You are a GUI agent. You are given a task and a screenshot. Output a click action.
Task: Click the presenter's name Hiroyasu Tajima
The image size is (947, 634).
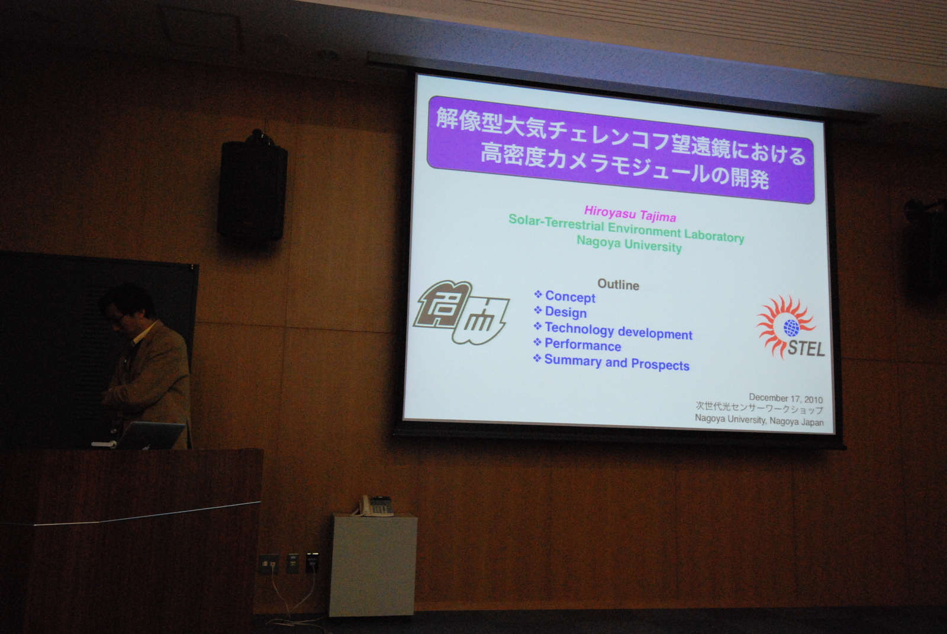(x=630, y=214)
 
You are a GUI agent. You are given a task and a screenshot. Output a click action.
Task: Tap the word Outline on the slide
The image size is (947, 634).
(x=618, y=285)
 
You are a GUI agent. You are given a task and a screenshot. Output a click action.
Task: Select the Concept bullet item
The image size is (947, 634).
(x=565, y=297)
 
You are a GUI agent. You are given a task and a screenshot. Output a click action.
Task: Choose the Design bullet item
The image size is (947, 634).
(x=560, y=312)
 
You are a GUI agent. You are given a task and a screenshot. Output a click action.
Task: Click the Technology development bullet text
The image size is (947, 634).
(x=613, y=330)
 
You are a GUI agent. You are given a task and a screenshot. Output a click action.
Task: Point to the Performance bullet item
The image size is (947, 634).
(x=577, y=345)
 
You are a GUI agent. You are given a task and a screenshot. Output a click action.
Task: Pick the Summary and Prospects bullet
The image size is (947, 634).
(x=611, y=362)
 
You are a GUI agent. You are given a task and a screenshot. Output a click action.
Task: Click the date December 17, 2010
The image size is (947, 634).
(x=785, y=398)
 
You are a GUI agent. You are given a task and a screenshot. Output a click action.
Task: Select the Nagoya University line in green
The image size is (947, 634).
(x=629, y=244)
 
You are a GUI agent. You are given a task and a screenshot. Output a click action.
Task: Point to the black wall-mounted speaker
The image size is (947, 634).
(x=252, y=187)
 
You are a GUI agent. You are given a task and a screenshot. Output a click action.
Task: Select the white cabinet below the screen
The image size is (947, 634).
(x=373, y=565)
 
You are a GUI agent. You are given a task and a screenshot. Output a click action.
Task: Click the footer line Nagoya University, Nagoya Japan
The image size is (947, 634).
(x=759, y=421)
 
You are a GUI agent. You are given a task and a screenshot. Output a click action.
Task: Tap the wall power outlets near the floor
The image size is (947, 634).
(x=289, y=563)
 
